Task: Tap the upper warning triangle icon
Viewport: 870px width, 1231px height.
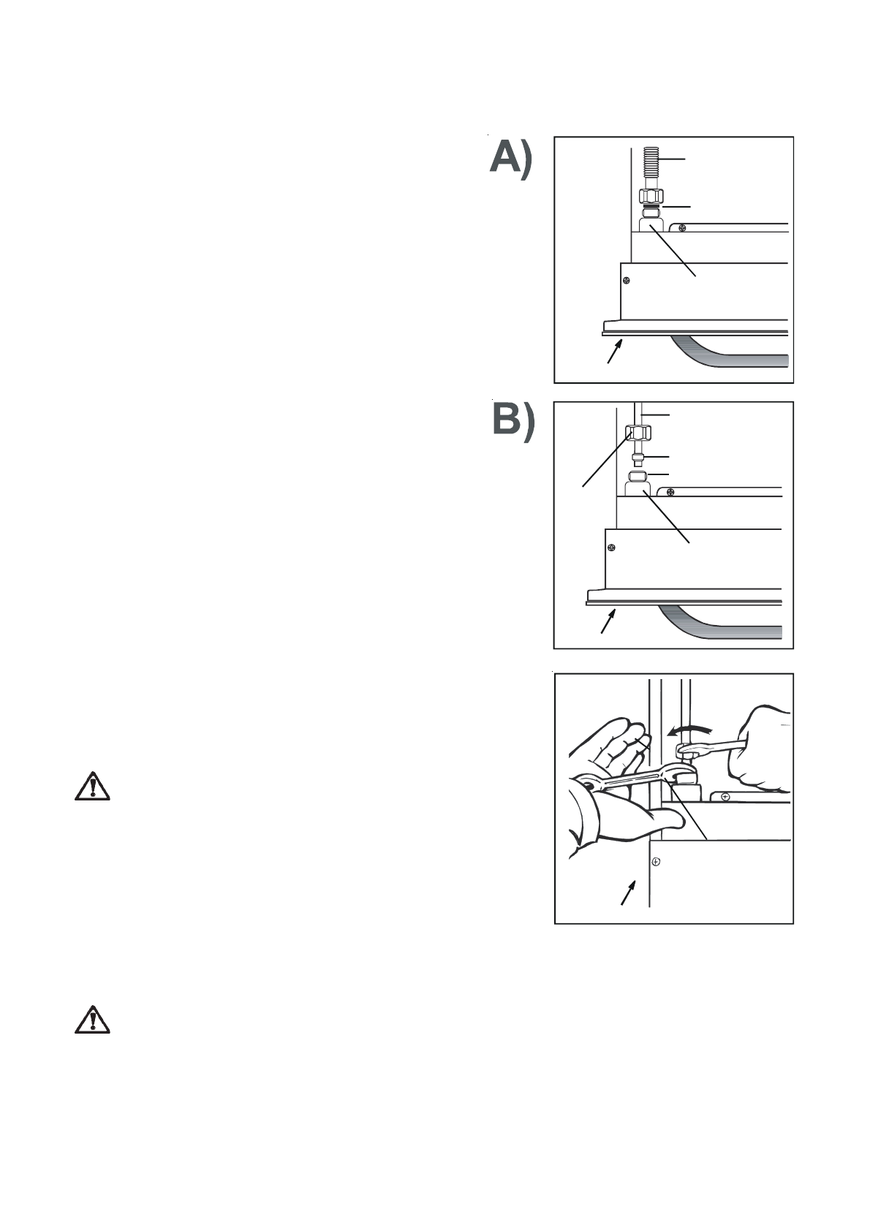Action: [92, 787]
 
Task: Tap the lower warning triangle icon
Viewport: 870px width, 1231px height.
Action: [92, 1020]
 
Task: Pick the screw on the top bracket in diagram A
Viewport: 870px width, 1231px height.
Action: [682, 227]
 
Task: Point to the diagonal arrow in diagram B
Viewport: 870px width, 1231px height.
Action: [608, 623]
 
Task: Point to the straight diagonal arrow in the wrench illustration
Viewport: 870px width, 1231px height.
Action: [628, 893]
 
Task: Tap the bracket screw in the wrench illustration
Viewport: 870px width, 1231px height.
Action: [725, 795]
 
